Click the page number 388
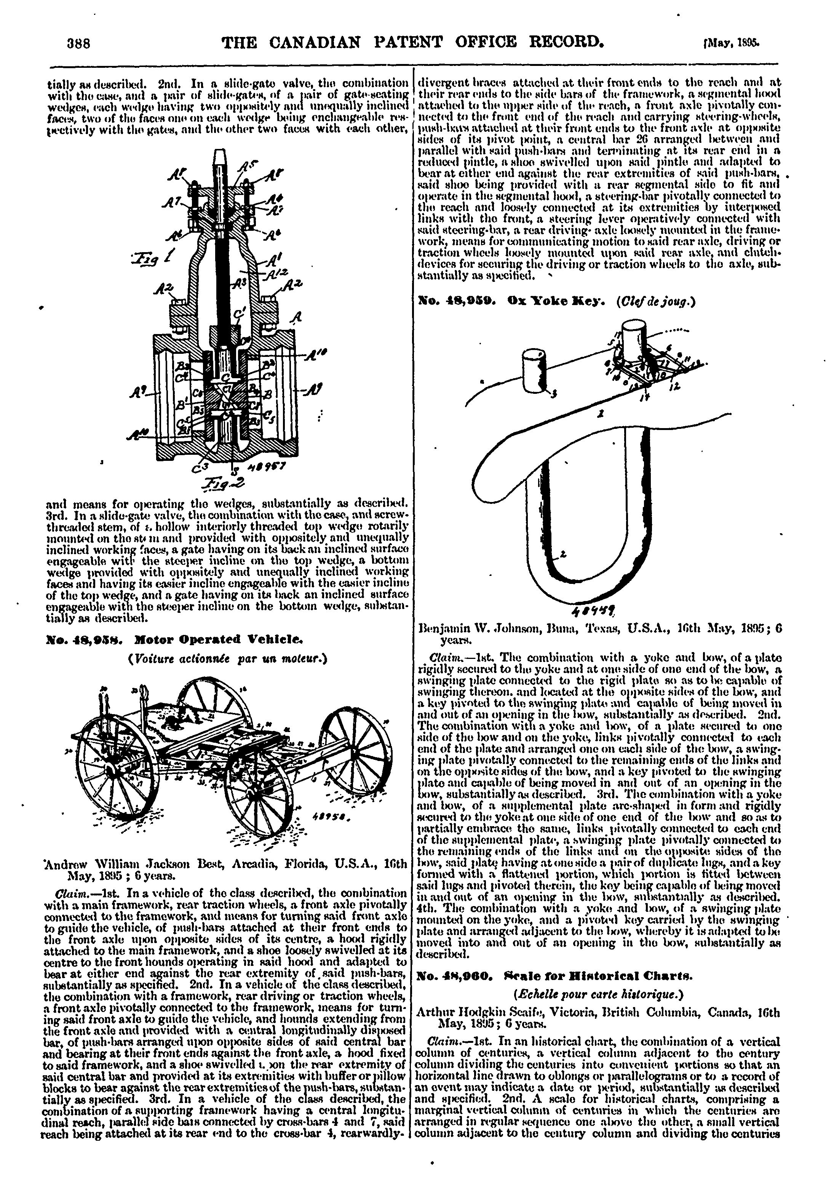79,42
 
